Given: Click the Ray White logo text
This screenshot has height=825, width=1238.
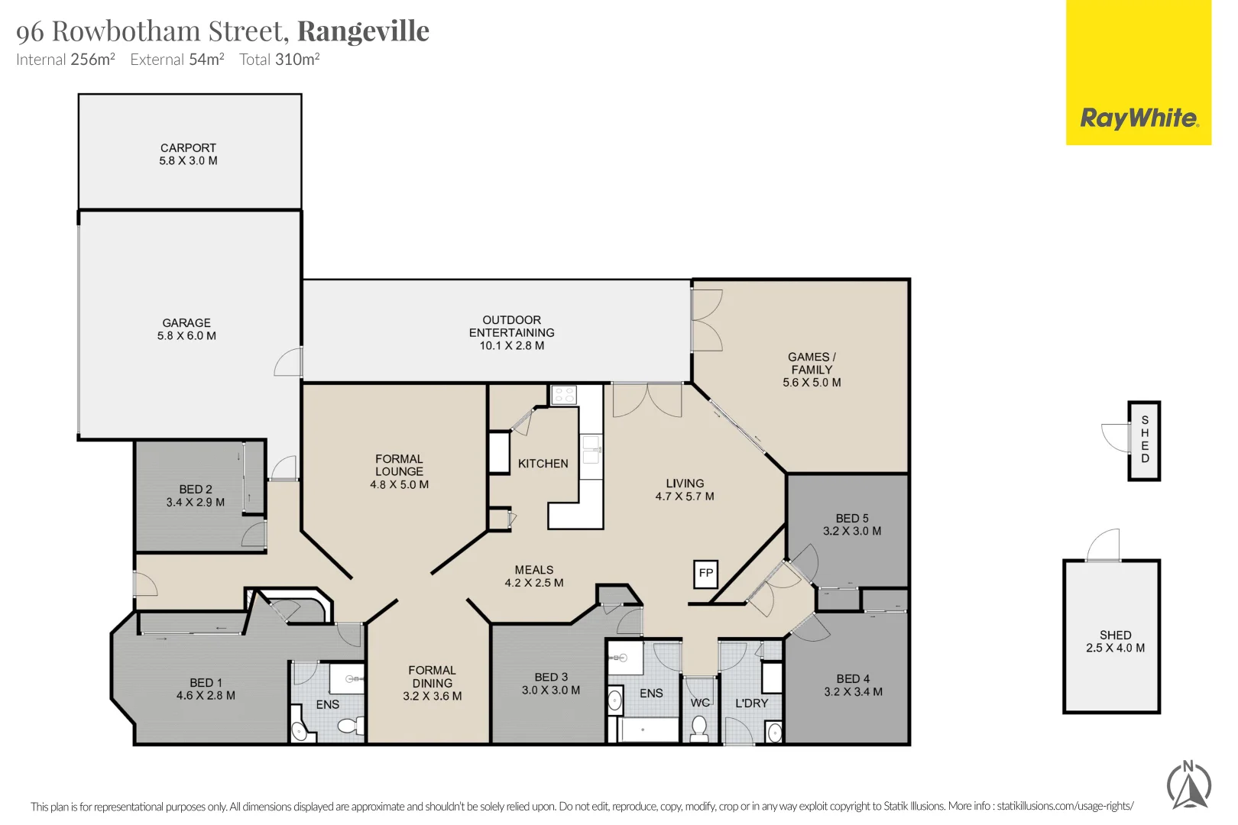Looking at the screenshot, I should [1138, 118].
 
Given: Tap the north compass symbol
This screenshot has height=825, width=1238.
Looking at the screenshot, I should [1189, 785].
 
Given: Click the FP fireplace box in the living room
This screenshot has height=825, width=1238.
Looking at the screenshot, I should [705, 573].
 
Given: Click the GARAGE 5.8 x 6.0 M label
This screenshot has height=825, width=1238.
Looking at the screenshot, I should [186, 329].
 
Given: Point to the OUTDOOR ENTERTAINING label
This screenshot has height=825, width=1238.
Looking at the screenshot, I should [511, 332].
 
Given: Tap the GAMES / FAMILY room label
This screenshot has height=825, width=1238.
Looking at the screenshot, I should [812, 369].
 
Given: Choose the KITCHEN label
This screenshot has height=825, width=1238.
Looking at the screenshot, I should [543, 464].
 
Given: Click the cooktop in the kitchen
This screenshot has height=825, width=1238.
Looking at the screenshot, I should [564, 395].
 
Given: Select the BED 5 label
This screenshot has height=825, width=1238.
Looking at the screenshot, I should [851, 524].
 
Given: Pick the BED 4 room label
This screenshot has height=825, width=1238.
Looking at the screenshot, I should [853, 684].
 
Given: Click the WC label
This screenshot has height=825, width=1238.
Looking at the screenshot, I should [700, 703].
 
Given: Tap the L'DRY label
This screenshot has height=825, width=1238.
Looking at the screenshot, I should [751, 703].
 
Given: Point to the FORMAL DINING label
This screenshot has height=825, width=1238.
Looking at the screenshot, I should [432, 683].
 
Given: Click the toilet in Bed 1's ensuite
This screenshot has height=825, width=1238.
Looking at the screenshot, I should [351, 725].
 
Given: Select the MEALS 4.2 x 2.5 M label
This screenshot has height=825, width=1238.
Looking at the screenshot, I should [533, 576].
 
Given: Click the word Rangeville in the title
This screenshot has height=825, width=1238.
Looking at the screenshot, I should [363, 31].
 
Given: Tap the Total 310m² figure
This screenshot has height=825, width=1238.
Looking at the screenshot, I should [279, 60].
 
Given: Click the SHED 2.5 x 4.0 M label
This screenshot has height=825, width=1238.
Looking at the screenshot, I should [1115, 641].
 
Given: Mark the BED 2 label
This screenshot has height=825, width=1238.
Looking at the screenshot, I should [196, 495].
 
